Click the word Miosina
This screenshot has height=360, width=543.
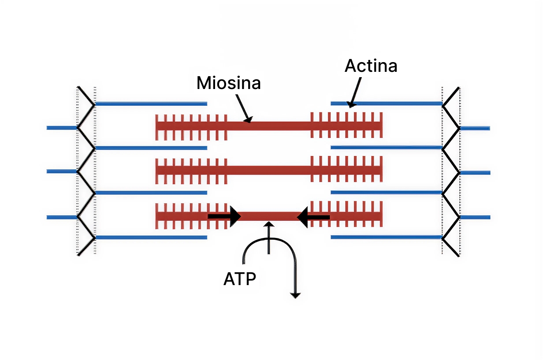click(228, 83)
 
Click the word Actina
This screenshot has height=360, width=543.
click(371, 66)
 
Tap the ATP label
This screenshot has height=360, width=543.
click(239, 279)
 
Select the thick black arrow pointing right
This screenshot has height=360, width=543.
click(225, 216)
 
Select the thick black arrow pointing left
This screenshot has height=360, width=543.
click(314, 217)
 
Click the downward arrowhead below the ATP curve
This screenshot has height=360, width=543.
click(295, 295)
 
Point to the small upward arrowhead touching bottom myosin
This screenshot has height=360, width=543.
click(268, 225)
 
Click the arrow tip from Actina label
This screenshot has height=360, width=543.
click(350, 105)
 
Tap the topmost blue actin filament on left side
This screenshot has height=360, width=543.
click(151, 104)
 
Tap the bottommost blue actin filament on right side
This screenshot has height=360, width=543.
click(386, 237)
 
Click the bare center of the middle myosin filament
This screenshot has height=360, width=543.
click(269, 170)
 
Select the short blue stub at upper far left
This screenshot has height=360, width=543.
click(62, 128)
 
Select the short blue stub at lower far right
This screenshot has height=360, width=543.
click(475, 217)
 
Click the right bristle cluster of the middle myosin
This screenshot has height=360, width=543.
click(346, 170)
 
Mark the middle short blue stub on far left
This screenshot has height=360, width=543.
click(62, 171)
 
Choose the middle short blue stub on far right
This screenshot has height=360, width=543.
click(475, 172)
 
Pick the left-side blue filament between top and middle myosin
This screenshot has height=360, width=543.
click(151, 148)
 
